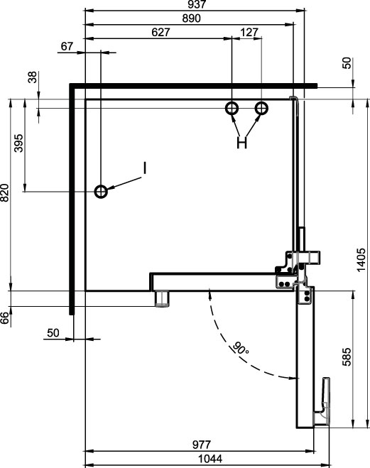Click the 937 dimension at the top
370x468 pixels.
[196, 4]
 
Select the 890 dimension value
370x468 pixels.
[192, 18]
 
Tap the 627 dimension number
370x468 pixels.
[160, 32]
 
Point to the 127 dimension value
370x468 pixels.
[249, 32]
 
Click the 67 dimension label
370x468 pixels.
[67, 46]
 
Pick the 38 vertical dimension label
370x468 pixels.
[32, 77]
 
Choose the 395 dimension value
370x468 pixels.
[18, 143]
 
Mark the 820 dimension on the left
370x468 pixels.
[4, 193]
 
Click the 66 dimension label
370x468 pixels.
[4, 318]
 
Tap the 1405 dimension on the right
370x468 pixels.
[361, 260]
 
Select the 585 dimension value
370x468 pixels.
[347, 357]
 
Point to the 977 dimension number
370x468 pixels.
[202, 445]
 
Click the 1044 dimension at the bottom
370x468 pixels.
[210, 459]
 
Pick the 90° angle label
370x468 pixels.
[240, 348]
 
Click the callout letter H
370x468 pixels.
[241, 143]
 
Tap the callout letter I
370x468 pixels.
[145, 168]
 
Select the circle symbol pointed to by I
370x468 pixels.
[101, 191]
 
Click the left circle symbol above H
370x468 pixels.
[232, 109]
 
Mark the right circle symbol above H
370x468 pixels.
[261, 109]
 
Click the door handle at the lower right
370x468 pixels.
[323, 401]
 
